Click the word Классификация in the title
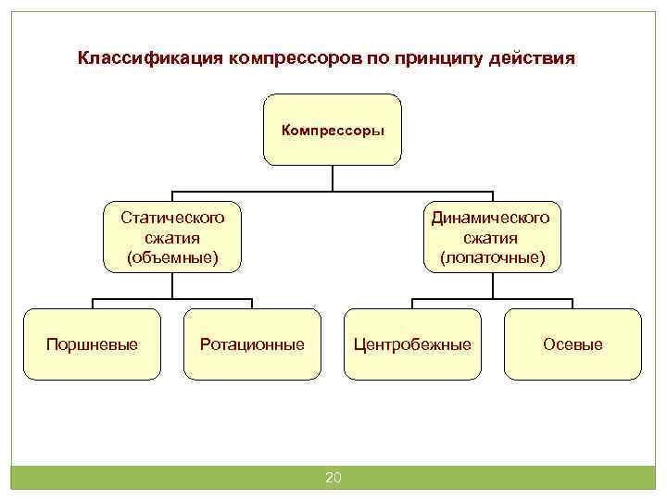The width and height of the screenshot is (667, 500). pos(146,58)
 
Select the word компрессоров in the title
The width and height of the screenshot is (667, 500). pos(286,58)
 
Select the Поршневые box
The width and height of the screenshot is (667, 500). pos(92,344)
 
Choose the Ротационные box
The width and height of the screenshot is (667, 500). pos(252,344)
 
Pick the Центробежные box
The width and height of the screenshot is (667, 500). pos(412,344)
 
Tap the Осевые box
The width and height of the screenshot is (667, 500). pos(573,344)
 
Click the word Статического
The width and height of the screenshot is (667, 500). pos(172,218)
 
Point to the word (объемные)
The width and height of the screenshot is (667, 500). pos(172,256)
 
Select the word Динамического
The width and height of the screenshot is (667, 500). pos(492,218)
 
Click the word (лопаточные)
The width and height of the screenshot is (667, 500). pos(492,256)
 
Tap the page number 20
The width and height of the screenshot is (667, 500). pos(333,478)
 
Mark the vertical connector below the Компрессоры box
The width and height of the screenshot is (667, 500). pos(333,181)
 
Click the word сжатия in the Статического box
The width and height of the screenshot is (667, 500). pos(172,237)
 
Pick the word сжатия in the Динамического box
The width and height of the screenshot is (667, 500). pos(492,237)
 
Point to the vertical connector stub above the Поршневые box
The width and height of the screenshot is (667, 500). pos(92,303)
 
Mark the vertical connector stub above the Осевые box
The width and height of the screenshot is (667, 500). pos(573,303)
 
